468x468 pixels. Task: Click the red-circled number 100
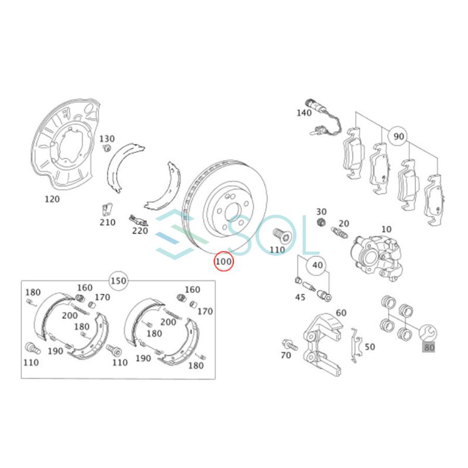click(224, 262)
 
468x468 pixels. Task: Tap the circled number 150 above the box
click(119, 281)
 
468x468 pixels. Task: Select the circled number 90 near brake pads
click(398, 137)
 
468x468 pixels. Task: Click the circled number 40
click(317, 265)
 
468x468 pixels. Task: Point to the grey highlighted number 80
click(428, 347)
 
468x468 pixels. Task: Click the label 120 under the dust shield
click(52, 199)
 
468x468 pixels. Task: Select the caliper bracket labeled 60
click(320, 343)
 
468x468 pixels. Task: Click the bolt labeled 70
click(288, 344)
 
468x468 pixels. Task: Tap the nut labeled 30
click(321, 223)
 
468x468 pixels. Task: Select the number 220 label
click(140, 231)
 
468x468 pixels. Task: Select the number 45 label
click(300, 297)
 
